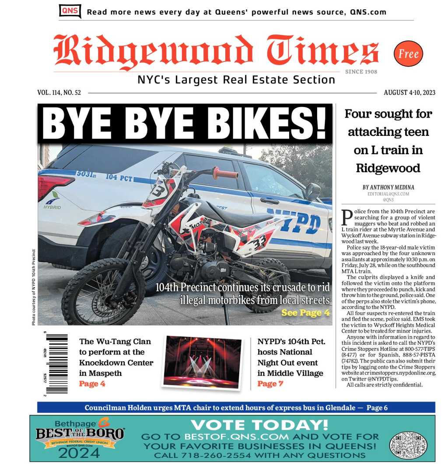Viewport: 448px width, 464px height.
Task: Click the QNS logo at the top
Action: click(70, 11)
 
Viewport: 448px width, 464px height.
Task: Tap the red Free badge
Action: click(408, 54)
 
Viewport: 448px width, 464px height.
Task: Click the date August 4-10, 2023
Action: click(409, 93)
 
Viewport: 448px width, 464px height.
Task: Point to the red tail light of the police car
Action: click(54, 186)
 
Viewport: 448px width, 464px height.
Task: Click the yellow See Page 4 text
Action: click(305, 313)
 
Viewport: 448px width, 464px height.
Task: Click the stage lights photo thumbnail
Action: click(202, 361)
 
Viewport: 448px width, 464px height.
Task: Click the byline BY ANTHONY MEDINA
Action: click(388, 187)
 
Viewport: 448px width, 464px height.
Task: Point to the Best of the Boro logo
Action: click(80, 438)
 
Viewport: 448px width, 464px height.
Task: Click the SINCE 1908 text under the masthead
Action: click(360, 72)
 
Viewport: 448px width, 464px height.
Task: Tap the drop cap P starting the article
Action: click(347, 217)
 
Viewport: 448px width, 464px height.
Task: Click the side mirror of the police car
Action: click(312, 191)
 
